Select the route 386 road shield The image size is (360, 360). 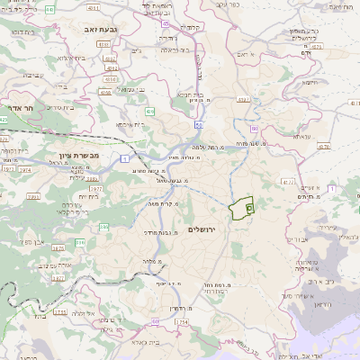click(x=80, y=243)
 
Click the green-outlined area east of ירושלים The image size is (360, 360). click(x=238, y=212)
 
